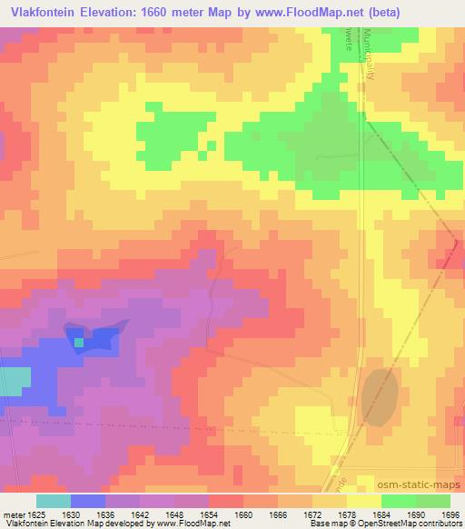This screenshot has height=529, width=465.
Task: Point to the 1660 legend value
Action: click(243, 514)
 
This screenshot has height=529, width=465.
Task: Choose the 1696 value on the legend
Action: click(451, 514)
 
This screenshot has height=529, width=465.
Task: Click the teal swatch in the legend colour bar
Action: click(53, 501)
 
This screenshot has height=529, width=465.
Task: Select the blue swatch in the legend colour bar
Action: click(87, 501)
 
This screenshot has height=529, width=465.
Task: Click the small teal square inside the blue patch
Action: click(78, 343)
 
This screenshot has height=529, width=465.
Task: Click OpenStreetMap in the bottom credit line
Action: click(408, 524)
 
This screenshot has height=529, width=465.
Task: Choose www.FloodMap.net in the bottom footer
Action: click(193, 524)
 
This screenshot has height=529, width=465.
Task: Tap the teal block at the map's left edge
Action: click(13, 382)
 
